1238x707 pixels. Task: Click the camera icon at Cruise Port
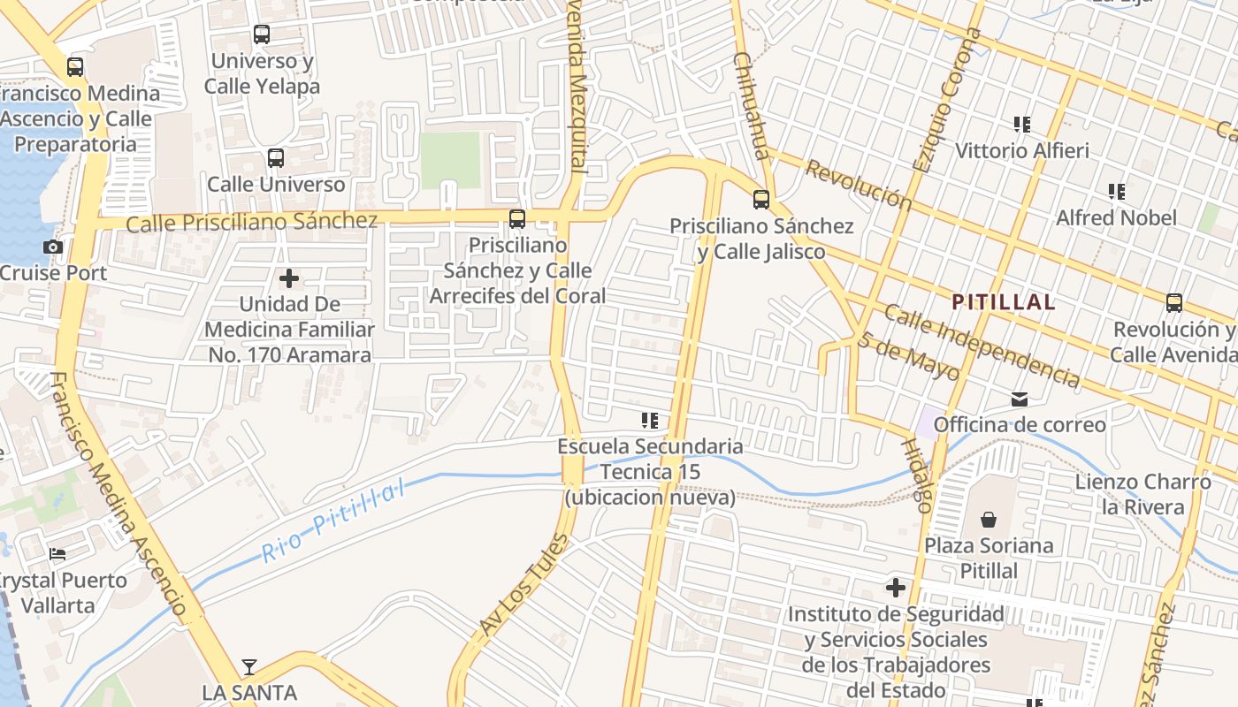pyautogui.click(x=53, y=247)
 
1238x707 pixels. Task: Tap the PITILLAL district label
pyautogui.click(x=1003, y=302)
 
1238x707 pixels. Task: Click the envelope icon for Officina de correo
pyautogui.click(x=1020, y=399)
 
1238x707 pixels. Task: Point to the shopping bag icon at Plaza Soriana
pyautogui.click(x=989, y=520)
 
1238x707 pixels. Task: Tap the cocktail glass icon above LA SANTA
pyautogui.click(x=249, y=666)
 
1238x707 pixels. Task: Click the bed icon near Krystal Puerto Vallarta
pyautogui.click(x=57, y=554)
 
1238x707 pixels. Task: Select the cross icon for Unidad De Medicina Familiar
pyautogui.click(x=288, y=279)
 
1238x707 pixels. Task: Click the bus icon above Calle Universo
pyautogui.click(x=276, y=158)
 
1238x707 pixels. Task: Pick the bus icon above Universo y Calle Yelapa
pyautogui.click(x=262, y=34)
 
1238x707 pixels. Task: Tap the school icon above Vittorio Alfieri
pyautogui.click(x=1022, y=125)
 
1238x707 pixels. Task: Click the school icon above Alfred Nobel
pyautogui.click(x=1117, y=192)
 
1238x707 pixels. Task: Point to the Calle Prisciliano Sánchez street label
pyautogui.click(x=251, y=222)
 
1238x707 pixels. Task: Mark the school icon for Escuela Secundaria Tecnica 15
pyautogui.click(x=650, y=421)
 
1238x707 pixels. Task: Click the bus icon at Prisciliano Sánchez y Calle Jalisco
pyautogui.click(x=760, y=200)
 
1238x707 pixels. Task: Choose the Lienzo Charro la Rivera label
pyautogui.click(x=1142, y=494)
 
